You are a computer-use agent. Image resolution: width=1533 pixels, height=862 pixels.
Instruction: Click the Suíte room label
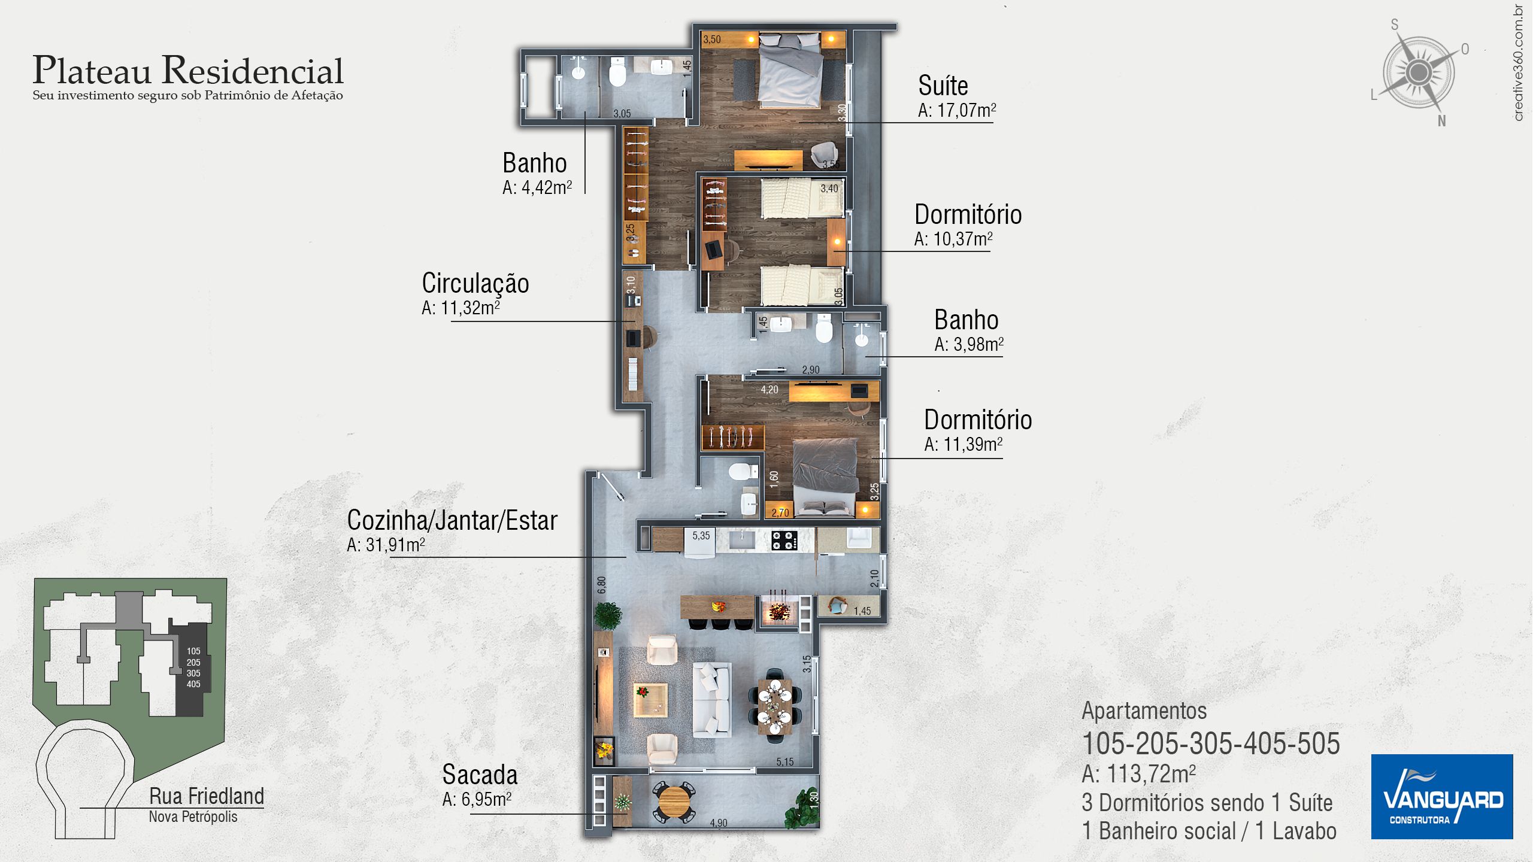[943, 86]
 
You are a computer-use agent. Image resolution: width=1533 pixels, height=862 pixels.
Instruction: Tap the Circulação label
[475, 284]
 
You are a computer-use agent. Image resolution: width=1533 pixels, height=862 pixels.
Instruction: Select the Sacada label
[480, 775]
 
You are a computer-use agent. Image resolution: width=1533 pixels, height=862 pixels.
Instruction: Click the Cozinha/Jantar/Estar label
[452, 520]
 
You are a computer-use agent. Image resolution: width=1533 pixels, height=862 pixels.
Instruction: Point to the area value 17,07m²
[957, 110]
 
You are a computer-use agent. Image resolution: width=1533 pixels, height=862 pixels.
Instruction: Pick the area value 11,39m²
[964, 444]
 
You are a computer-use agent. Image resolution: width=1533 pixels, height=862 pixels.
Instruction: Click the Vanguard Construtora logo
[1442, 797]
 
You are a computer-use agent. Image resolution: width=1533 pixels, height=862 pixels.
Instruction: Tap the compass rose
[1418, 73]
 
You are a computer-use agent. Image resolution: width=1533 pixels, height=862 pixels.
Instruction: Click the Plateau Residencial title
[188, 71]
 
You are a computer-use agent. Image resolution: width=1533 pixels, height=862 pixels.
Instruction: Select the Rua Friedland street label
[207, 796]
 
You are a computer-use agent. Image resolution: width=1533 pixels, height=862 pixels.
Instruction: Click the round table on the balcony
[675, 802]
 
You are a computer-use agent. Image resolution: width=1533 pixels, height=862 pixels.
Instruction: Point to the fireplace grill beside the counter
[778, 611]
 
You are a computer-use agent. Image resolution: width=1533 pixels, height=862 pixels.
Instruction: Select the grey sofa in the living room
[712, 699]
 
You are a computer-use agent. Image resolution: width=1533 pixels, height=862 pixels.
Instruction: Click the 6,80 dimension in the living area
[602, 585]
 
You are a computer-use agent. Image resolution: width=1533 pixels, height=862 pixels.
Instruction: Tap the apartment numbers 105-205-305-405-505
[1211, 743]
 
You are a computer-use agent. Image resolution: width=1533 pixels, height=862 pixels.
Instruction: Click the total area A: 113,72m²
[1138, 774]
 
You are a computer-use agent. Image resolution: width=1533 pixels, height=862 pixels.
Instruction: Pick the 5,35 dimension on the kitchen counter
[701, 536]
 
